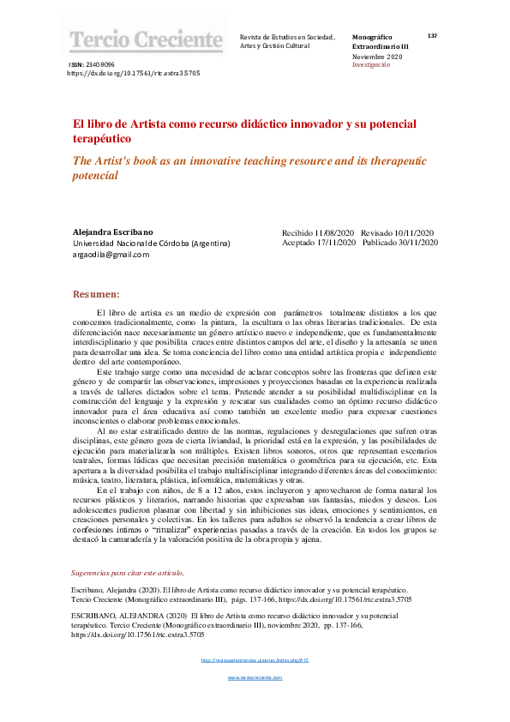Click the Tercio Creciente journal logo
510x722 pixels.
pyautogui.click(x=145, y=39)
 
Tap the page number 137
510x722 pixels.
pyautogui.click(x=432, y=36)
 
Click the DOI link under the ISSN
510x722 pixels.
pyautogui.click(x=134, y=74)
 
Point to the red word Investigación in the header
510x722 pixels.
pyautogui.click(x=370, y=64)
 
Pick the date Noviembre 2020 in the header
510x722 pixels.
pyautogui.click(x=376, y=56)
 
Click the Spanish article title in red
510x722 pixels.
pyautogui.click(x=231, y=130)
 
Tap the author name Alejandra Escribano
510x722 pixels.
pyautogui.click(x=114, y=232)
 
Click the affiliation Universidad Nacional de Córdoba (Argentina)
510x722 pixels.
pyautogui.click(x=151, y=244)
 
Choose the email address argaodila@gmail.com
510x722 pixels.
pyautogui.click(x=111, y=255)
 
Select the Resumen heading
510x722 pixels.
pyautogui.click(x=96, y=293)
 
